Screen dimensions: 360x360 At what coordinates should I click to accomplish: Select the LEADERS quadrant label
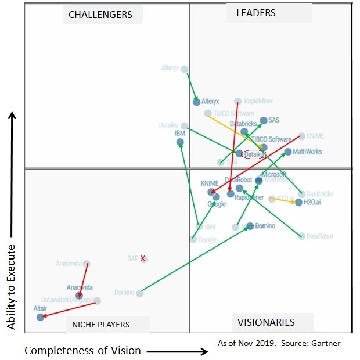[255, 13]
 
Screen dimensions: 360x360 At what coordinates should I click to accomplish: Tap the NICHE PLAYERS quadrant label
[101, 324]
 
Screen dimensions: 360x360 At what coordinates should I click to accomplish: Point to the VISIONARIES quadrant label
[265, 322]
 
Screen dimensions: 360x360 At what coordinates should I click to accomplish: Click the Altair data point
[40, 317]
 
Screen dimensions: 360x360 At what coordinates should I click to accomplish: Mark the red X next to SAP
[142, 258]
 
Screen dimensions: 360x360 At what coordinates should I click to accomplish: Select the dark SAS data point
[264, 121]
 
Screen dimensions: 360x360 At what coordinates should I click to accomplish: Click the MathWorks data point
[288, 152]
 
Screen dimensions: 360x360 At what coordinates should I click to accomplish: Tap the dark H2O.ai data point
[298, 203]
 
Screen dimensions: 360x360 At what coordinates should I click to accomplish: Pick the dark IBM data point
[180, 142]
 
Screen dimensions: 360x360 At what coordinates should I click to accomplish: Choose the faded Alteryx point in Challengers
[185, 69]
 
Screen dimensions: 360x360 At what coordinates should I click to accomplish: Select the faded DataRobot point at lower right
[301, 236]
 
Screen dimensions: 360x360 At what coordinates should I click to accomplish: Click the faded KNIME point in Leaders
[301, 136]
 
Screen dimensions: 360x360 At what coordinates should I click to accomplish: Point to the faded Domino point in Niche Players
[139, 293]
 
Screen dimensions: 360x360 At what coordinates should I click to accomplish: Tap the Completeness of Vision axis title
[82, 350]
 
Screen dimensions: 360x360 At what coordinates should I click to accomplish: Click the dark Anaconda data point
[79, 296]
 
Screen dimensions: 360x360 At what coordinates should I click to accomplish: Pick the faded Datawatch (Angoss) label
[67, 300]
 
